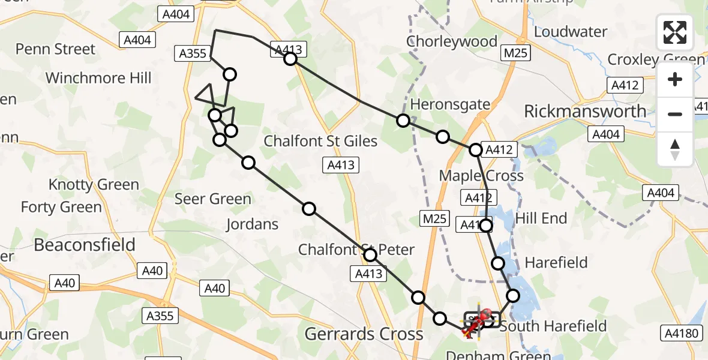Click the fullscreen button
tap(675, 32)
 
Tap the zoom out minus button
tap(675, 114)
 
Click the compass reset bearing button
tap(675, 149)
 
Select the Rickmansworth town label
tap(585, 111)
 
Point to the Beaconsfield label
tap(85, 245)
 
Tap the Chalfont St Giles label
tap(321, 142)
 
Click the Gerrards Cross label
tap(364, 334)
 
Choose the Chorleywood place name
tap(451, 41)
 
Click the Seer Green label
tap(213, 199)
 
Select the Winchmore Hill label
tap(98, 78)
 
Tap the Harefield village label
tap(556, 262)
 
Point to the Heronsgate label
tap(450, 104)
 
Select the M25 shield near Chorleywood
tap(515, 53)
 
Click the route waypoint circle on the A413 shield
tap(290, 58)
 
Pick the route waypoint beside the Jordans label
tap(309, 209)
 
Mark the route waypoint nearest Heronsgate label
tap(403, 121)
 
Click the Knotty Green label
tap(94, 185)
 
